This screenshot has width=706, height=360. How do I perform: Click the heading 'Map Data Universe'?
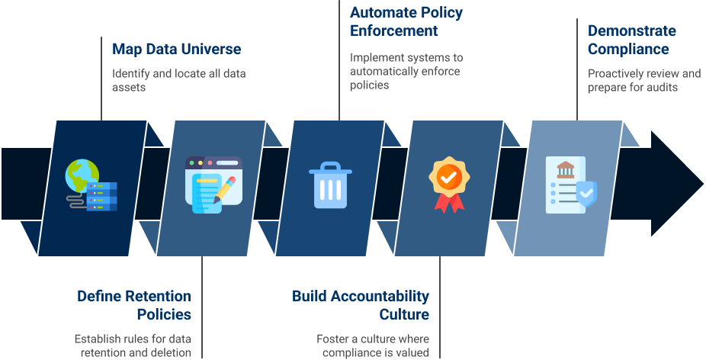pos(176,50)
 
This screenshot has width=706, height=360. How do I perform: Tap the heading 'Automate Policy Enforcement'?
pos(406,21)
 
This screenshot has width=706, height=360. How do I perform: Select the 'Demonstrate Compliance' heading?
pos(631,40)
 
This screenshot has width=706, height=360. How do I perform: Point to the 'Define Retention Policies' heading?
pos(133,304)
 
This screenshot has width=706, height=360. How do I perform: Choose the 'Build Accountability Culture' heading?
pos(361,304)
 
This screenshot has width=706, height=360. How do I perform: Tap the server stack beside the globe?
pos(103,196)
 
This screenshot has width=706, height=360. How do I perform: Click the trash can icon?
pos(330,185)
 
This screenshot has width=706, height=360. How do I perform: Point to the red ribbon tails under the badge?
pos(448,202)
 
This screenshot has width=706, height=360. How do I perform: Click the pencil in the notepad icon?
pos(225,189)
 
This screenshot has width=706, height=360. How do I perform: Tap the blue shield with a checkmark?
pos(586,194)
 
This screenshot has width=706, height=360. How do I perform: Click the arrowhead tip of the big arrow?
pos(698,184)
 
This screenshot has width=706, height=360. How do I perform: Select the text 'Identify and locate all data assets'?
pos(178,81)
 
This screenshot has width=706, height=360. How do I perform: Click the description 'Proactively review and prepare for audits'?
pos(643,80)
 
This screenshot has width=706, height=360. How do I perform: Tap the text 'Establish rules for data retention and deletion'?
pos(133,345)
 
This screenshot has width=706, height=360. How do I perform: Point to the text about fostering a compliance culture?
pos(373,345)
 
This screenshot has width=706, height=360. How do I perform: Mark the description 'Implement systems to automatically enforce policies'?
pos(406,71)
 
